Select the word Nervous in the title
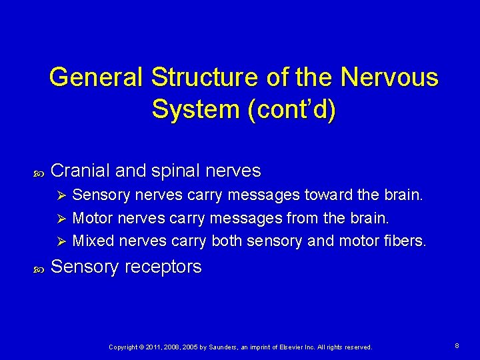pos(389,77)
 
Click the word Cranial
pos(80,171)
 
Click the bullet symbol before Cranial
pos(37,173)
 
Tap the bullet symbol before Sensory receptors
pos(37,269)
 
